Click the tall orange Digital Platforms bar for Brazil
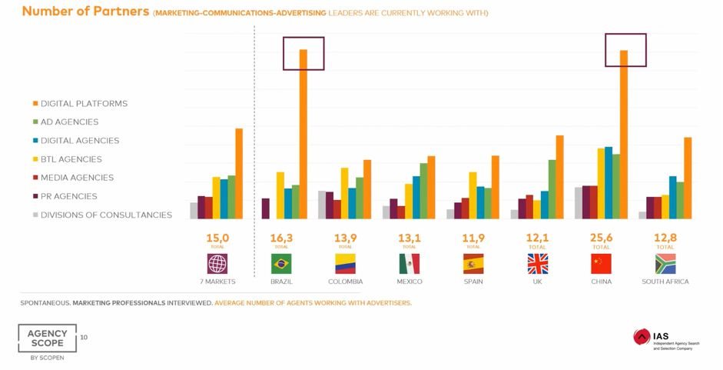[x=303, y=135]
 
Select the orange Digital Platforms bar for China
[x=624, y=135]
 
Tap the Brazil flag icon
[x=281, y=264]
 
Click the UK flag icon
[x=537, y=264]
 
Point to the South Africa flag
[x=665, y=264]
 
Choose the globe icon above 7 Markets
[x=217, y=264]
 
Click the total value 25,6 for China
[x=601, y=238]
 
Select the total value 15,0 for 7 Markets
[x=217, y=238]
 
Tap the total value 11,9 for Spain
[x=473, y=238]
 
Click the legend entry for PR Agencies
[x=68, y=196]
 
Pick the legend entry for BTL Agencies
[x=71, y=159]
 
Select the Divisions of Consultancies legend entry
[x=106, y=215]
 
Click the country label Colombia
[x=345, y=282]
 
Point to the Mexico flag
[x=410, y=264]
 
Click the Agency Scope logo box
[x=47, y=338]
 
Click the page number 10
[x=84, y=337]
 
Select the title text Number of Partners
[x=85, y=12]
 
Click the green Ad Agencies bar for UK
[x=552, y=189]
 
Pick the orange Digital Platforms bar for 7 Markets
[x=239, y=173]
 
